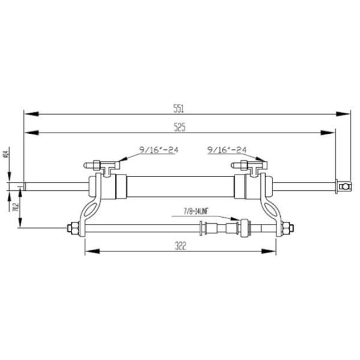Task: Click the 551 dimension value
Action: (178, 108)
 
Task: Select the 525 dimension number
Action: (179, 127)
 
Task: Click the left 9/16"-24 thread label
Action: (159, 149)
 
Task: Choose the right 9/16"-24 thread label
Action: (226, 149)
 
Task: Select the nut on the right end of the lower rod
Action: (287, 228)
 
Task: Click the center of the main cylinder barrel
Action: (180, 187)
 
